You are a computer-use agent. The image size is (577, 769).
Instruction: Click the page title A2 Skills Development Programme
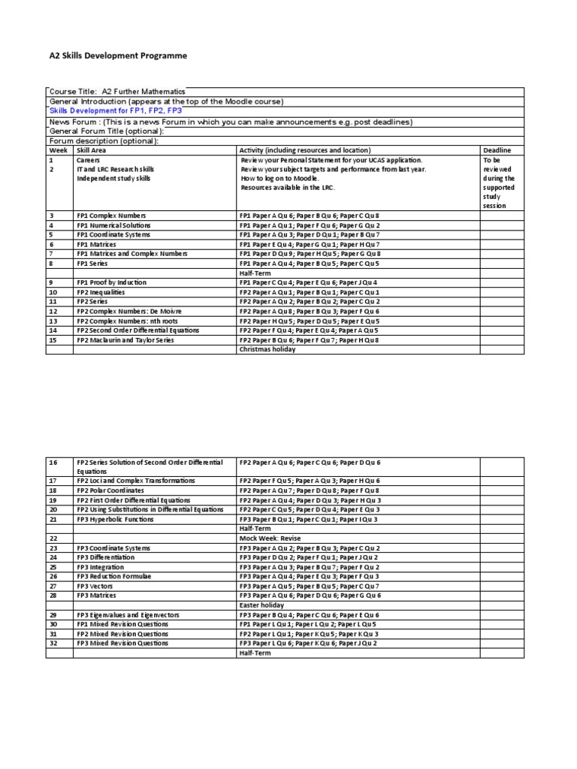(x=118, y=56)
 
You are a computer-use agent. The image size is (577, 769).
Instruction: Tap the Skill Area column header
(x=92, y=150)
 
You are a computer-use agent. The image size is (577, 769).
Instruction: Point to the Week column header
(x=59, y=150)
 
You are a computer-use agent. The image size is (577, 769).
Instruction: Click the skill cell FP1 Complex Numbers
(x=109, y=216)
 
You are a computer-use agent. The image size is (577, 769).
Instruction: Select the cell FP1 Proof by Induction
(x=111, y=282)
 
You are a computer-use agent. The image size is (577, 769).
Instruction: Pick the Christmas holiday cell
(x=267, y=349)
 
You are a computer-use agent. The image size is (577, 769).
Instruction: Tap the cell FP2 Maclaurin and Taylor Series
(x=125, y=340)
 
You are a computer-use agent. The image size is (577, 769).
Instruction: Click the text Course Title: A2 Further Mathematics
(x=117, y=92)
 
